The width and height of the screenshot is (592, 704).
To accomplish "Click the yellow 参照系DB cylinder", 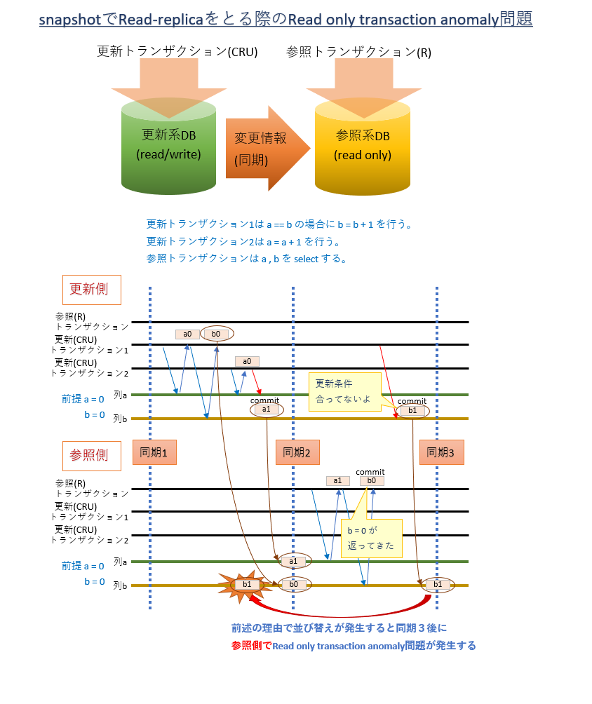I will [x=362, y=151].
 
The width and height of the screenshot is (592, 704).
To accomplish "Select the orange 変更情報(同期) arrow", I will [x=267, y=148].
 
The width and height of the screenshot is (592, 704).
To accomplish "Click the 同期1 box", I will [x=154, y=452].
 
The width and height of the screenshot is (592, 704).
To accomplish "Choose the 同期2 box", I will [x=297, y=452].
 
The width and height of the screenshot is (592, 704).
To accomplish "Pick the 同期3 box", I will [x=441, y=452].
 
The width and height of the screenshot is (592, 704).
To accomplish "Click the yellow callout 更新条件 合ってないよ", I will [x=344, y=391].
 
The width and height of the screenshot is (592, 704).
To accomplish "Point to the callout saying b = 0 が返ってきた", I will [x=371, y=538].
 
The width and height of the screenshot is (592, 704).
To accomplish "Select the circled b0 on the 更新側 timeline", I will [x=217, y=334].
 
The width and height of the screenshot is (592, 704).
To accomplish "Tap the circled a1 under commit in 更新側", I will [x=266, y=409].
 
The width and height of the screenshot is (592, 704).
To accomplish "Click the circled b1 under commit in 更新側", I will [x=412, y=410].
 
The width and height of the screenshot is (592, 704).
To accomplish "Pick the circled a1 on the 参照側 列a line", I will [x=294, y=561].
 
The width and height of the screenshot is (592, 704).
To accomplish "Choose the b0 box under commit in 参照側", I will [x=372, y=480].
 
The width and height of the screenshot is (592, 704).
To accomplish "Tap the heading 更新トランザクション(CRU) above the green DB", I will [x=177, y=52].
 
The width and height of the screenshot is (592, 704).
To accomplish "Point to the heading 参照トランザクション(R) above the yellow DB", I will [x=358, y=52].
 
